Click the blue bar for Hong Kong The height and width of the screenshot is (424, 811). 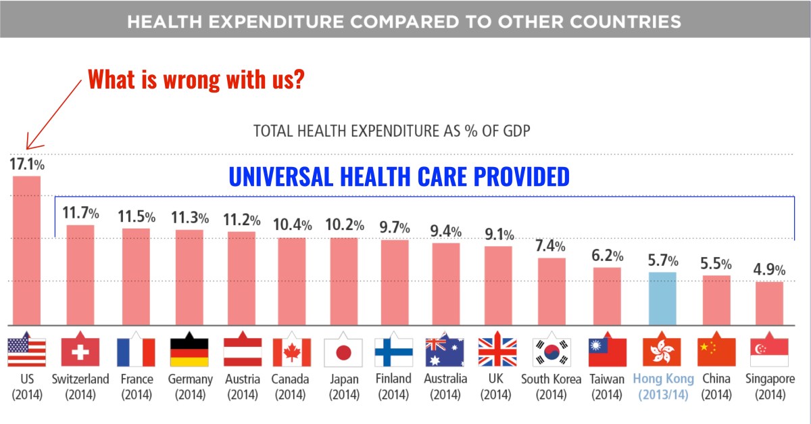662,298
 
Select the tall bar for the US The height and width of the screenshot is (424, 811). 26,250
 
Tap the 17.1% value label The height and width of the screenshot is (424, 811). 26,164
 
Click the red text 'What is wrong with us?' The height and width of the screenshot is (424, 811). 196,80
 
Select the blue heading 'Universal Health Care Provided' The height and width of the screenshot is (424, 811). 399,177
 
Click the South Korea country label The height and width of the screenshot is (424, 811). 550,379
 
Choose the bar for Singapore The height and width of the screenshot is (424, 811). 769,303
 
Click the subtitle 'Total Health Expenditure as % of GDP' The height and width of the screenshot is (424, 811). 391,131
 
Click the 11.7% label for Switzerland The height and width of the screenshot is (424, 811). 80,213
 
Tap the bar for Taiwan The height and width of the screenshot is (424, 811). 607,296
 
